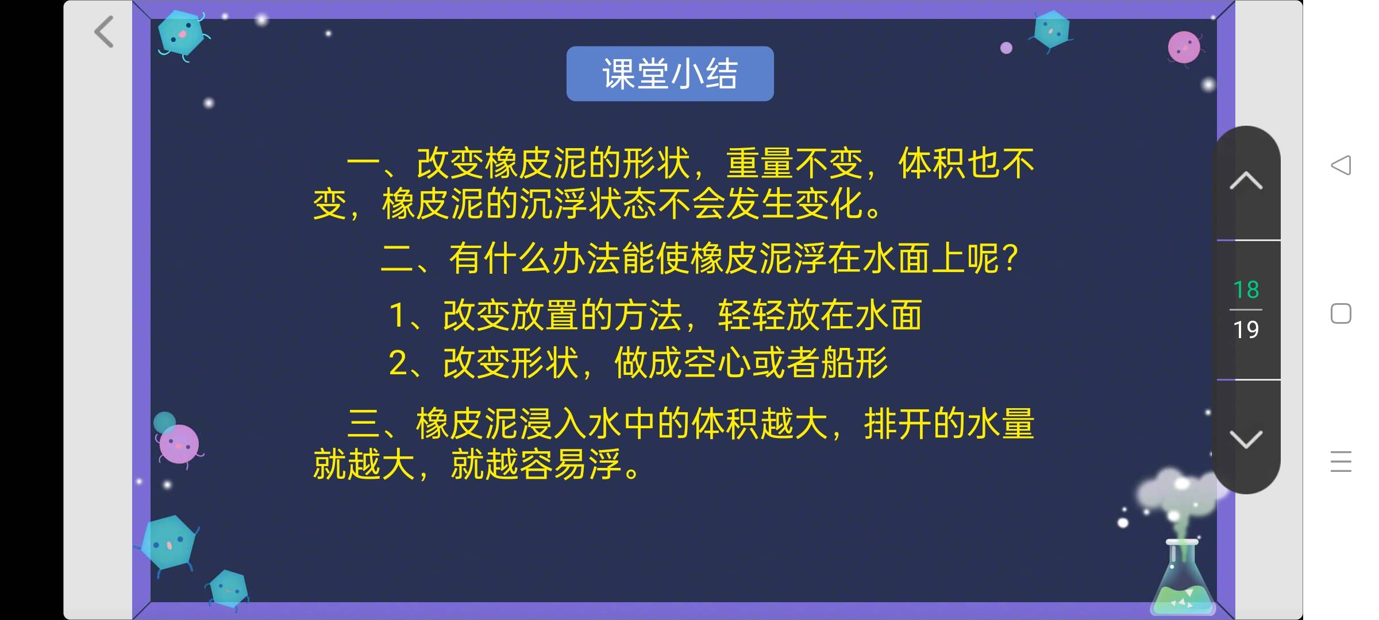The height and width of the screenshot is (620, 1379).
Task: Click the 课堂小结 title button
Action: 670,74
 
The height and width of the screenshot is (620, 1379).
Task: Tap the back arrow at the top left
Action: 104,32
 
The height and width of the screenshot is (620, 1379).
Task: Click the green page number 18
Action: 1246,290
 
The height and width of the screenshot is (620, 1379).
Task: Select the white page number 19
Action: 1246,330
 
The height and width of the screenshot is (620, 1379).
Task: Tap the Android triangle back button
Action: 1341,165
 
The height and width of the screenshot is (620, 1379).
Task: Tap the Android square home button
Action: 1341,313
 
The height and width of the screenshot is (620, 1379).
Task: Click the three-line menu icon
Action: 1341,462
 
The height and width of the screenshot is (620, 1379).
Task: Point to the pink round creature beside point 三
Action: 179,444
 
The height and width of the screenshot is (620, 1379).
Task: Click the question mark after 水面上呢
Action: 1010,259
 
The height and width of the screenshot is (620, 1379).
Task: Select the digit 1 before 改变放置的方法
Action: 397,315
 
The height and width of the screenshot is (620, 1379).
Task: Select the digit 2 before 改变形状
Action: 398,363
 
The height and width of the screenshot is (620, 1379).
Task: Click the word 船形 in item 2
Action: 854,363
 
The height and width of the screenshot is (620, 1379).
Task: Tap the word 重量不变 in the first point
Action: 795,163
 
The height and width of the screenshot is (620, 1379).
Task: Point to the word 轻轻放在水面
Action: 820,315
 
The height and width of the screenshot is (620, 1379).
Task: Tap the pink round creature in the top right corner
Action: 1184,48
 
